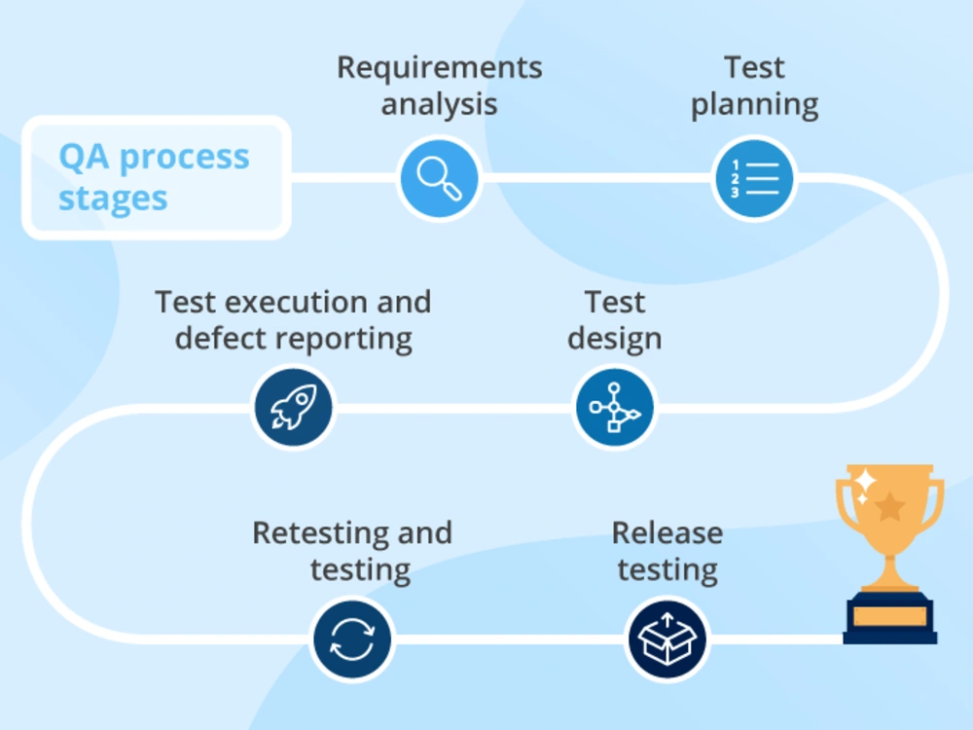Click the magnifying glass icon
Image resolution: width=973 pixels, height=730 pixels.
(x=439, y=178)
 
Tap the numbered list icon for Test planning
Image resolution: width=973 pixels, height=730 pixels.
(x=754, y=178)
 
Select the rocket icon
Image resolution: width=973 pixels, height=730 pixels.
(x=294, y=407)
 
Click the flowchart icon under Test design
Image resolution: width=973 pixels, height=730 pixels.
(x=614, y=407)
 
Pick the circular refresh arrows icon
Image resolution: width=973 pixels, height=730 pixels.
(x=352, y=639)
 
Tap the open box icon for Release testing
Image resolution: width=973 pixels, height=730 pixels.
(x=667, y=639)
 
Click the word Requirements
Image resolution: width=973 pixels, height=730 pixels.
(x=440, y=68)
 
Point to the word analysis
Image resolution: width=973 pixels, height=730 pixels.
(x=440, y=104)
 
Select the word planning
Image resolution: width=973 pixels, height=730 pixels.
(x=755, y=105)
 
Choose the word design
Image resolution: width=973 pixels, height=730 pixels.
(x=614, y=339)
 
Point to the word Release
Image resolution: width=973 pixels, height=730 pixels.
(x=667, y=532)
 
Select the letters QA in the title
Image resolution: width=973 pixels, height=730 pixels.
(x=84, y=157)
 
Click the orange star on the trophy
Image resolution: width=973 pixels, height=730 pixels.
(x=890, y=506)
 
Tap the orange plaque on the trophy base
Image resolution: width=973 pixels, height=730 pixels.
(x=890, y=616)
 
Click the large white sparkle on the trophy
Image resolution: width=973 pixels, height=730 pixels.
(x=865, y=480)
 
